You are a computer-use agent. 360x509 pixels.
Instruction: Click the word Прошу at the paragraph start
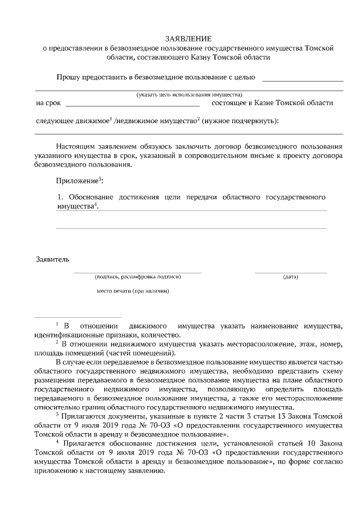tap(67, 77)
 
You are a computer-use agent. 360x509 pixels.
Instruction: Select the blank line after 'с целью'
tap(303, 81)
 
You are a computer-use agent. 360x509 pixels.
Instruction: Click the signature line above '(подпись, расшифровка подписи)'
tap(137, 272)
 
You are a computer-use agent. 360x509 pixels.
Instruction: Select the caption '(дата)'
tap(290, 277)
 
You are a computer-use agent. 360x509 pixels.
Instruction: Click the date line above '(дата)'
tap(290, 272)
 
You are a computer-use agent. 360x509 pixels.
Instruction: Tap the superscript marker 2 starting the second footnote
tap(57, 341)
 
